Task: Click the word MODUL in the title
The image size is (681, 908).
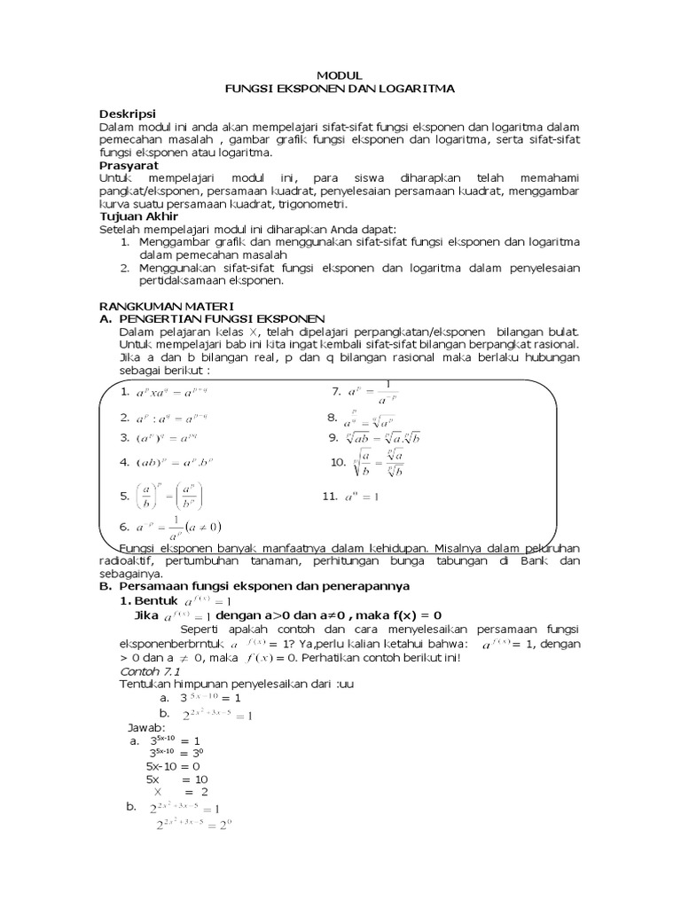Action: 340,77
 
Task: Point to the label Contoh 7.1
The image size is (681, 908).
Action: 145,672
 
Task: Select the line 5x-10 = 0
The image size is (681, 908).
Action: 173,765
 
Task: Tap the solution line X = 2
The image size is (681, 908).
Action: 181,791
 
